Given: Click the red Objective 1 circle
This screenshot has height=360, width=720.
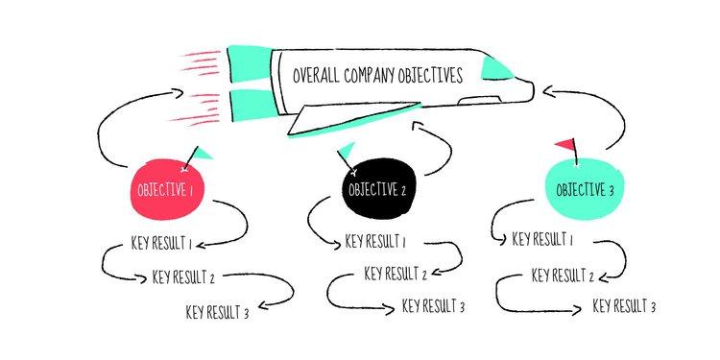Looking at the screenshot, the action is coord(165,189).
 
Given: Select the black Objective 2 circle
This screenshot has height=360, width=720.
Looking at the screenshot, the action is coord(375,188).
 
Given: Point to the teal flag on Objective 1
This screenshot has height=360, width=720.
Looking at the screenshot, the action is coord(204,152).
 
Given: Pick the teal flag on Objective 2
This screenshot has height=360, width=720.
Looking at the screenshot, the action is coord(347,148).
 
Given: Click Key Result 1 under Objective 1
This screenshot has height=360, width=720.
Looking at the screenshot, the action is coord(161,242).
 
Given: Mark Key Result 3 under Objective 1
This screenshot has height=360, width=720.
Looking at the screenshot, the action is coord(217,312).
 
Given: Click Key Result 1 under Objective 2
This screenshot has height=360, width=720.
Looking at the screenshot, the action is coord(375,241).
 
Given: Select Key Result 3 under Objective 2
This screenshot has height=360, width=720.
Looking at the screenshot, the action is coord(433,306).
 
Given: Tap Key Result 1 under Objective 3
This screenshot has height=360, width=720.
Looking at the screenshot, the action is coord(543,239).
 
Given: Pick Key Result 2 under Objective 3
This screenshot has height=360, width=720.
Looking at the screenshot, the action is coord(564,276).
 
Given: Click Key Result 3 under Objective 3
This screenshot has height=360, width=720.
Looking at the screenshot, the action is coord(624,307).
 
